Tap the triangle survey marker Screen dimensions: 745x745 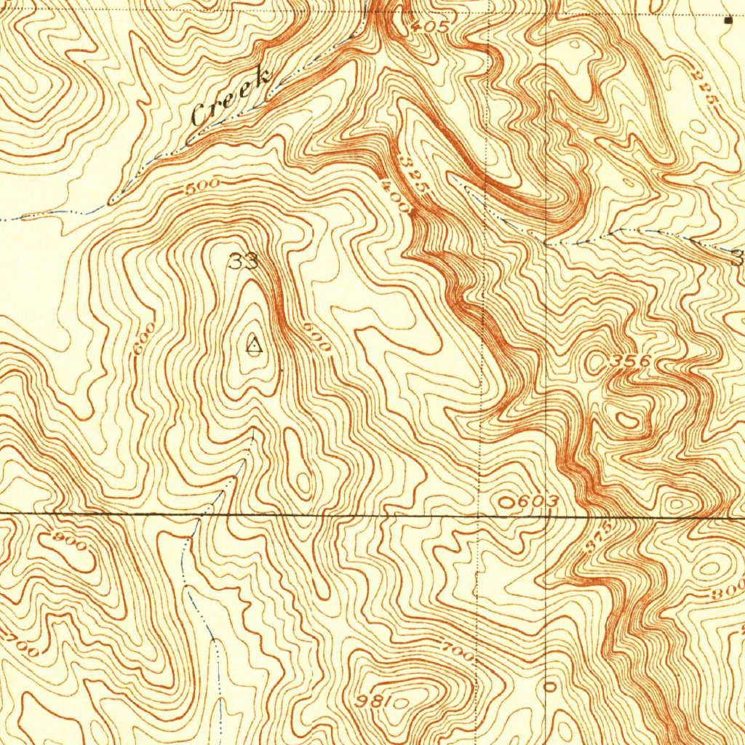[253, 346]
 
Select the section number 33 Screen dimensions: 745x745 [243, 261]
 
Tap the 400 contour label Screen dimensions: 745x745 [394, 196]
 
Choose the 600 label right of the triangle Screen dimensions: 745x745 [316, 338]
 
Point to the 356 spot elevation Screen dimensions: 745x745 [630, 361]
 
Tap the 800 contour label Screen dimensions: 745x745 [727, 592]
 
